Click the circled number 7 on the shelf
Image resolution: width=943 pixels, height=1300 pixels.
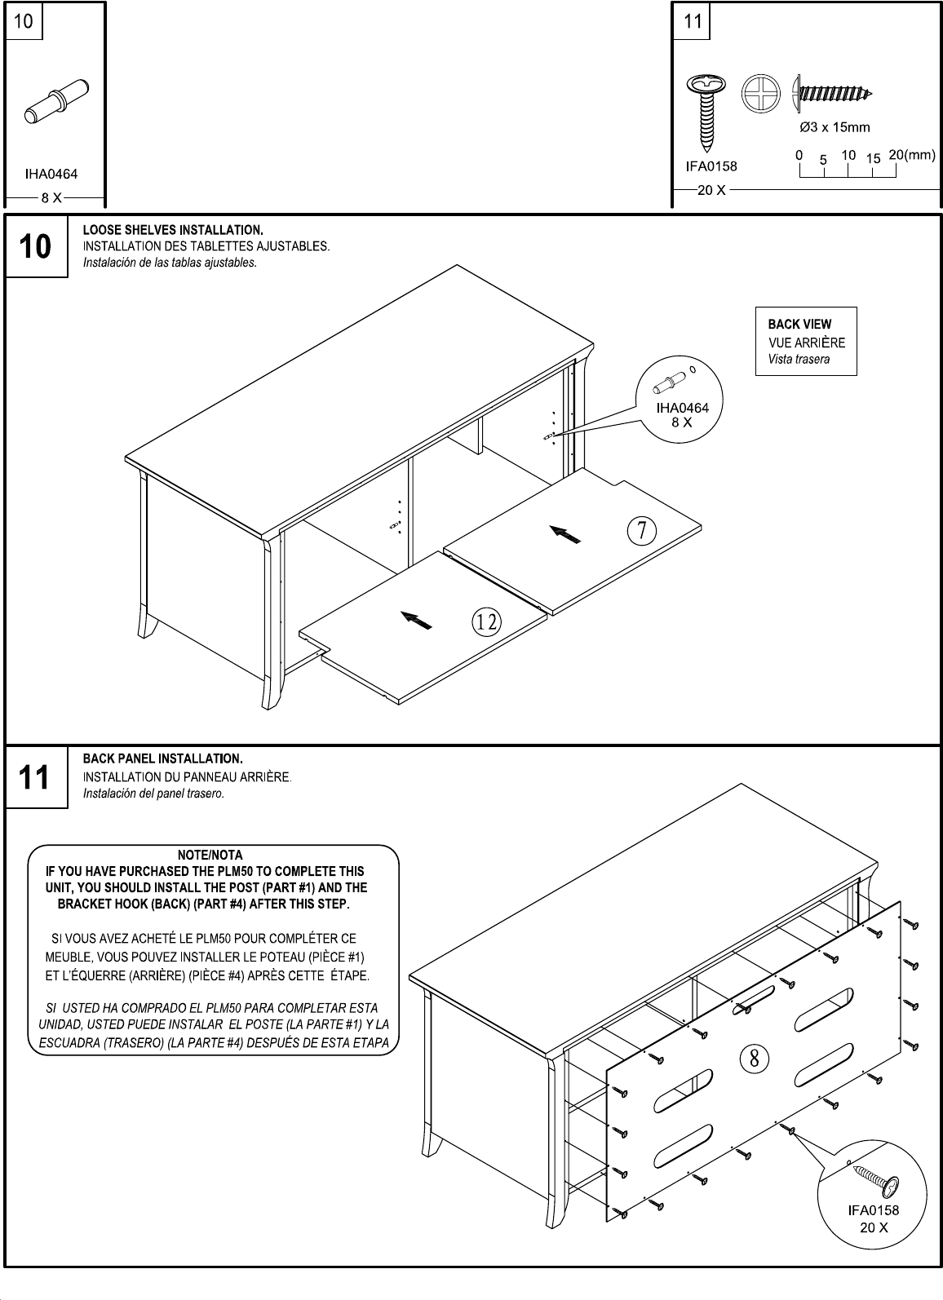click(642, 531)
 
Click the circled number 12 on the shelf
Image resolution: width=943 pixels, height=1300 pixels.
click(487, 622)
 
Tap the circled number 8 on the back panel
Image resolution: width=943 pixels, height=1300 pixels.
click(755, 1058)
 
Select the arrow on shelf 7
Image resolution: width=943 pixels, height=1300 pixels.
click(568, 534)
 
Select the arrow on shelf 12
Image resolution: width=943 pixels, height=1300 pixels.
click(417, 621)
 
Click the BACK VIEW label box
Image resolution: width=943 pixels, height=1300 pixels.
click(806, 341)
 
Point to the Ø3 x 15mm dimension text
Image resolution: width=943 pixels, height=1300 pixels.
click(834, 127)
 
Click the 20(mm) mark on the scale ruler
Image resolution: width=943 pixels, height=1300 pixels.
click(912, 155)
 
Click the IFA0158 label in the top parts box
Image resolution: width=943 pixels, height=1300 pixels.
click(711, 166)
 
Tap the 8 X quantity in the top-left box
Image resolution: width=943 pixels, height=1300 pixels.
click(51, 197)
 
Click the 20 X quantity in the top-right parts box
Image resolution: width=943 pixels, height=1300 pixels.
click(711, 191)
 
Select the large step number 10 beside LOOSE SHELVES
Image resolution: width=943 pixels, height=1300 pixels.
click(35, 245)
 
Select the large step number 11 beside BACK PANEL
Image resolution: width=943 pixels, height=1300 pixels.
click(35, 777)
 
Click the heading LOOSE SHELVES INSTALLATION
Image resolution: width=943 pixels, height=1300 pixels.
click(173, 230)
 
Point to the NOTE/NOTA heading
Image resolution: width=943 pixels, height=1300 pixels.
click(210, 856)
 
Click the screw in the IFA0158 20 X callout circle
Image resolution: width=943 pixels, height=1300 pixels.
click(875, 1178)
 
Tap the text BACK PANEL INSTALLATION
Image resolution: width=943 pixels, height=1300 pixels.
click(163, 759)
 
